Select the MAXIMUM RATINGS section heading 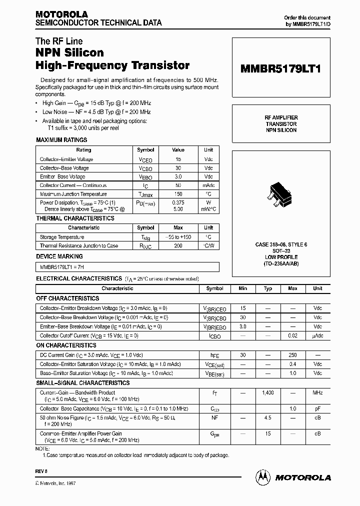[x=61, y=140]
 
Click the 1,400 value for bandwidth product [x=268, y=393]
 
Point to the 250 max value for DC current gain [x=292, y=355]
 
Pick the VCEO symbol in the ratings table [x=145, y=160]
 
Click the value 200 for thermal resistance [x=178, y=246]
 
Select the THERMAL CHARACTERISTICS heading [x=75, y=218]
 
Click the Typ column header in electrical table [x=268, y=288]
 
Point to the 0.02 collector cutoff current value [x=292, y=335]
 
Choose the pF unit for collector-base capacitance [x=317, y=408]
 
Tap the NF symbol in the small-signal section [x=215, y=417]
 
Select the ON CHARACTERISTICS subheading [x=66, y=345]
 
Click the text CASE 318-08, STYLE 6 [x=281, y=244]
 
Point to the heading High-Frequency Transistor [x=112, y=65]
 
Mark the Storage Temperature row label [x=62, y=237]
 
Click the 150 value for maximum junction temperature [x=178, y=194]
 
